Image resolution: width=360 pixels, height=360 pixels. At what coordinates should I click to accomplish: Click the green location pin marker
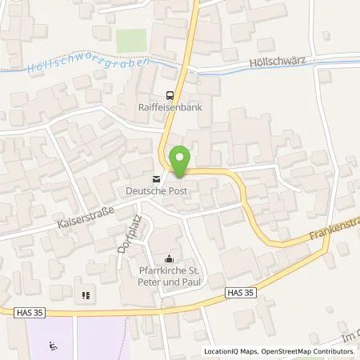click(181, 161)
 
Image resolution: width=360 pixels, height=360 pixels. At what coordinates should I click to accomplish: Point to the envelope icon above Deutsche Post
click(157, 178)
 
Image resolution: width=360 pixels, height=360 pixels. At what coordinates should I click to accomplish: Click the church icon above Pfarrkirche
click(169, 258)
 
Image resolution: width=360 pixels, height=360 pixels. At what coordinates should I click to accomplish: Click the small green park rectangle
click(131, 38)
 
